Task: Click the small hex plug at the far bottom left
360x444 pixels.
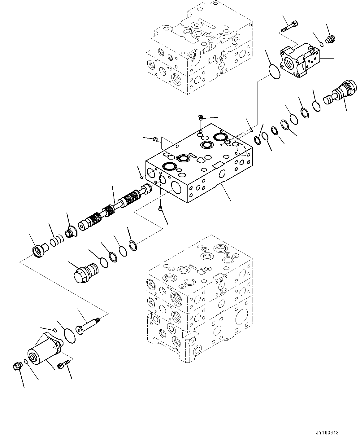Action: click(17, 367)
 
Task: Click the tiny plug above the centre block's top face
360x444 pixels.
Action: click(201, 117)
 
